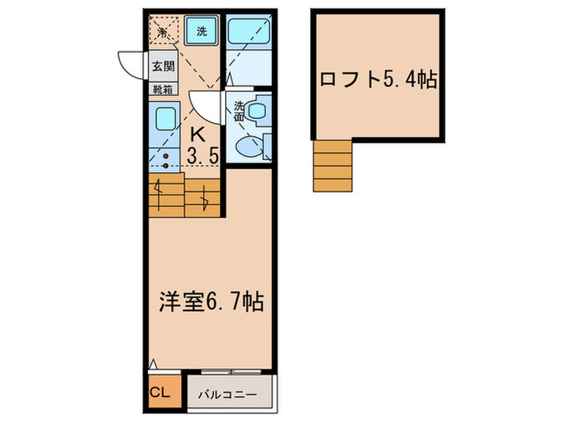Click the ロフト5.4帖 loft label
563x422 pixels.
[x=378, y=80]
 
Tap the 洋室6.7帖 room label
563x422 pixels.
[x=210, y=304]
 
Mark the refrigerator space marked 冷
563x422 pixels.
[x=163, y=32]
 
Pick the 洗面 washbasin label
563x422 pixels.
[x=239, y=110]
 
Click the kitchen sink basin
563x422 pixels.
[x=165, y=117]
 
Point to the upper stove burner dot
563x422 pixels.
[x=165, y=157]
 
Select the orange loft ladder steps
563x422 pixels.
[x=332, y=166]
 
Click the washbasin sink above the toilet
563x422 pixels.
[x=260, y=110]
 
